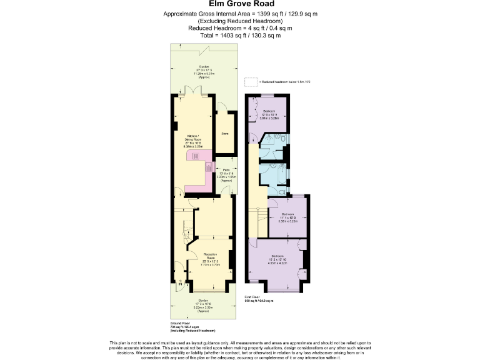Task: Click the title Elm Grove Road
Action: coord(239,4)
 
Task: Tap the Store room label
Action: coord(224,133)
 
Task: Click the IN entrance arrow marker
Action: coord(180,286)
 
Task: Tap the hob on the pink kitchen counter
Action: coord(209,169)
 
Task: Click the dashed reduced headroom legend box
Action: coord(251,82)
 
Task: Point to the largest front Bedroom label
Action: coord(277,257)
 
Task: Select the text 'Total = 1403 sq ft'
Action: coord(239,36)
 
